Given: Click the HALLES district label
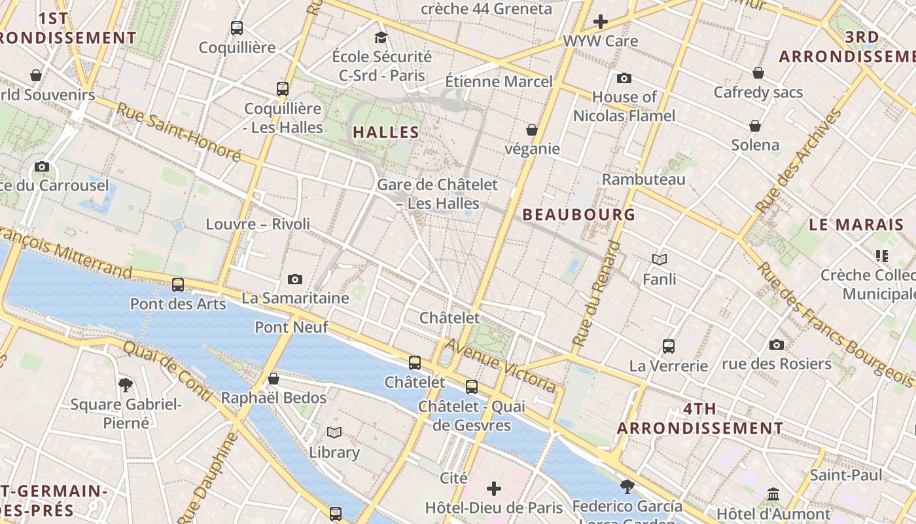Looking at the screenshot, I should [x=386, y=132].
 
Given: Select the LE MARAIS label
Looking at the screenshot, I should [x=856, y=225].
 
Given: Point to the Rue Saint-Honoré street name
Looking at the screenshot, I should [x=178, y=132].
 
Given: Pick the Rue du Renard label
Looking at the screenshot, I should [x=596, y=293].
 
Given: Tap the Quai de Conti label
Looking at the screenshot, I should [x=166, y=371].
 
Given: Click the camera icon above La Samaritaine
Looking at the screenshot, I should [x=295, y=280].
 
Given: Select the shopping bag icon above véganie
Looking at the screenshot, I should [x=532, y=130].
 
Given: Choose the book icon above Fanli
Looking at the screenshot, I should [x=659, y=260].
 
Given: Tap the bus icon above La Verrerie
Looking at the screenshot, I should [x=668, y=346].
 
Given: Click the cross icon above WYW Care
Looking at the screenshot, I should [x=601, y=22].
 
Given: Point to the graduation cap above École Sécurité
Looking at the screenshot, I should [x=381, y=37].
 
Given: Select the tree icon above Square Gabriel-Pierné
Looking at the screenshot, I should [x=126, y=384].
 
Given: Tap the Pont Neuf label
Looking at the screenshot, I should [x=291, y=327].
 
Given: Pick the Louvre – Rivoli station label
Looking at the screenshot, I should [x=258, y=224].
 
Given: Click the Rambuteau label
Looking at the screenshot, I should [x=644, y=179].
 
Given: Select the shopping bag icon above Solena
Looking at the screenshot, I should [x=755, y=126].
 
